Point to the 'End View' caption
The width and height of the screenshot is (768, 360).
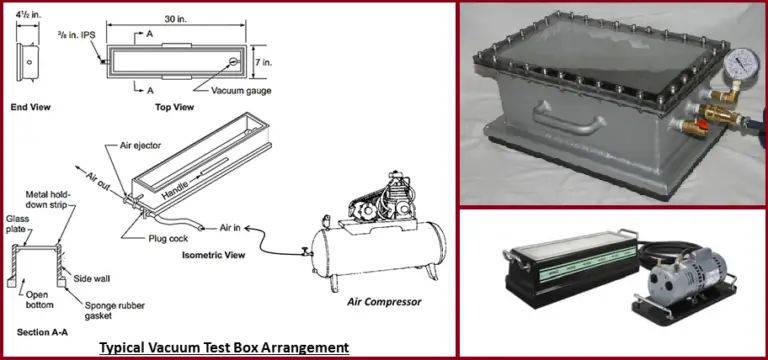coord(32,106)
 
